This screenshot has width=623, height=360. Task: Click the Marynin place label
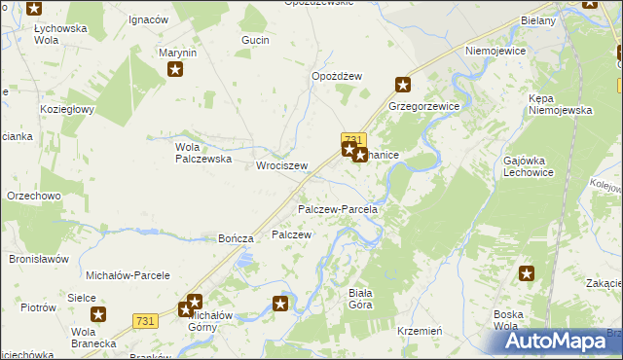[178, 53]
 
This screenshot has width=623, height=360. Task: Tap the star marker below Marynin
[175, 69]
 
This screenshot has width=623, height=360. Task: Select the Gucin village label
[255, 40]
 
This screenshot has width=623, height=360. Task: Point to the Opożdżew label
[337, 77]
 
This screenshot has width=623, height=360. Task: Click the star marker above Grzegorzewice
[401, 85]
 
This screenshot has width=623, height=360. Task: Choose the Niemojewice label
[495, 50]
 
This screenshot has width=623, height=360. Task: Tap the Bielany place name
[537, 20]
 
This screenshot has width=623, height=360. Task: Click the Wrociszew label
[281, 165]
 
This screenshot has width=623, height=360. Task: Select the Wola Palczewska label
[202, 153]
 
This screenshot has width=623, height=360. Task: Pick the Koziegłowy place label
[66, 109]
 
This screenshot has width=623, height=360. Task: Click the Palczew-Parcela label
[337, 209]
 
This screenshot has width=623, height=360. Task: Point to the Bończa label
[237, 238]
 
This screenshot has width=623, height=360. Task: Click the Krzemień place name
[421, 331]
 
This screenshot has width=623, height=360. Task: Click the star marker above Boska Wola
[527, 275]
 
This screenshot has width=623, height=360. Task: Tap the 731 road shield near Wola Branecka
[146, 321]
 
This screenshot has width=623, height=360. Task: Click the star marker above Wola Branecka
[98, 313]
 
